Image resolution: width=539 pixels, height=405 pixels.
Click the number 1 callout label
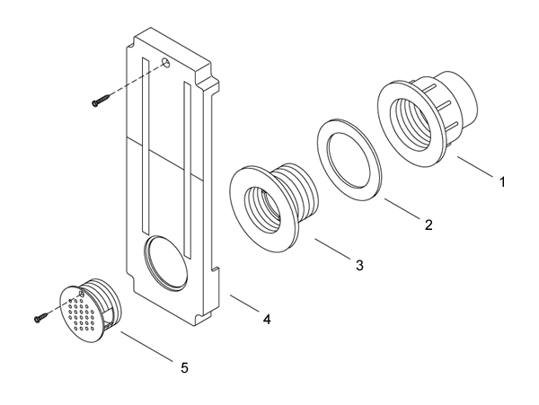point(502,181)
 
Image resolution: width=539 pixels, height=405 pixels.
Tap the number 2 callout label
point(429,225)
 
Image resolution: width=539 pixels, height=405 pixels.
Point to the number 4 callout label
point(266,318)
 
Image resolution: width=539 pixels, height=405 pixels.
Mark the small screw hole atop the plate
point(166,63)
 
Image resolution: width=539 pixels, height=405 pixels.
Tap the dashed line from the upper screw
point(135,81)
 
